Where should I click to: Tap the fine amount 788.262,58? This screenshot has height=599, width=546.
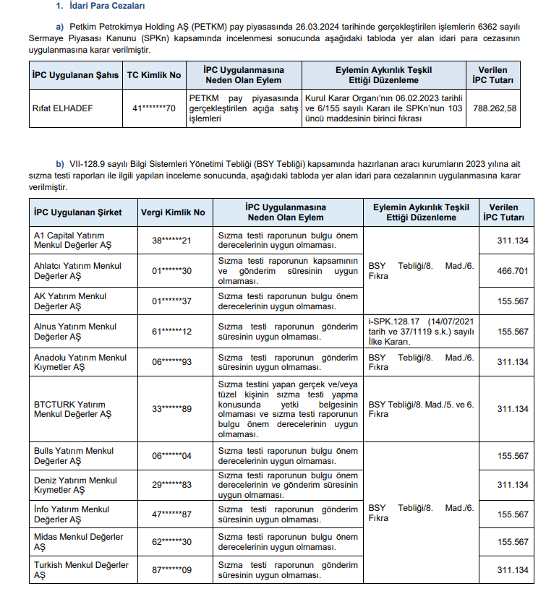pos(494,108)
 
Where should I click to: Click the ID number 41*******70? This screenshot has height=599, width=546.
pos(154,108)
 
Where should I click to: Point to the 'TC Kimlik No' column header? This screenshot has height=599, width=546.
pos(154,75)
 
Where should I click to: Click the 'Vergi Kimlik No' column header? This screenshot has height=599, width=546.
pos(172,212)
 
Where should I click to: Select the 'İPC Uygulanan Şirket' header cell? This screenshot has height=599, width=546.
pos(78,212)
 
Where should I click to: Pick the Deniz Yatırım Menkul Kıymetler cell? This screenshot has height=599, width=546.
pos(75,485)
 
